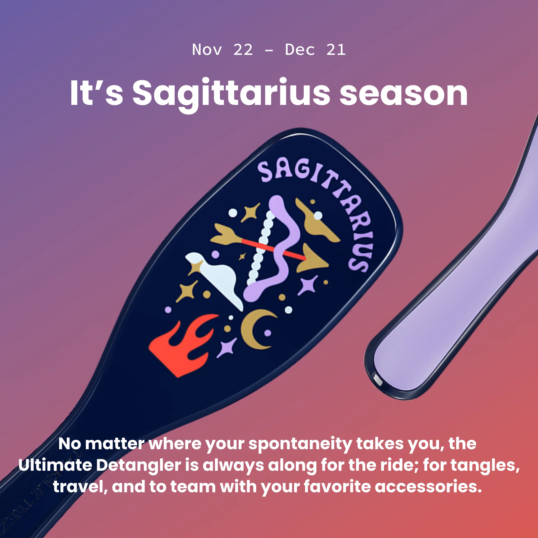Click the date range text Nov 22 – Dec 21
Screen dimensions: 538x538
click(x=269, y=50)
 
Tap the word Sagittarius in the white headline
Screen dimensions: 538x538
click(x=231, y=94)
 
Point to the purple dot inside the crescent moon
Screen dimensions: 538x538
click(x=268, y=333)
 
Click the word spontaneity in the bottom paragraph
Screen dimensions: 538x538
click(x=300, y=444)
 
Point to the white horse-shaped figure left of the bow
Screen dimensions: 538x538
click(x=216, y=278)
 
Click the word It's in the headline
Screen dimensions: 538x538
click(x=96, y=93)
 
